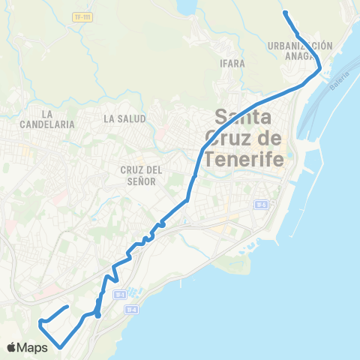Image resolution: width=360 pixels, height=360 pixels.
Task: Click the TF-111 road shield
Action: tap(83, 16)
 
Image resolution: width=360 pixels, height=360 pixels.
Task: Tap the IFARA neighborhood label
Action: tap(233, 64)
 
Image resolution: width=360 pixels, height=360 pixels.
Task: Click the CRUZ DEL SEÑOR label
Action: tap(137, 175)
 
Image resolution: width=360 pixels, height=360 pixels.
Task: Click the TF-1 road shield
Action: tap(118, 295)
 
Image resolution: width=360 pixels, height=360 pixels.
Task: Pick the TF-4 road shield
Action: tap(131, 309)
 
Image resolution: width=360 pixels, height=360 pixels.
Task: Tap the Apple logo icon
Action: tap(13, 347)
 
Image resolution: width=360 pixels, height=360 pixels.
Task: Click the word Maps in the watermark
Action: tap(34, 347)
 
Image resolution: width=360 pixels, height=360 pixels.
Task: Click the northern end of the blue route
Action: tap(285, 12)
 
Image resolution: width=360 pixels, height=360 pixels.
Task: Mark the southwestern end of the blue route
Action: tap(59, 347)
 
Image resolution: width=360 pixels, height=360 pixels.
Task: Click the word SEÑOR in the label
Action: tap(137, 181)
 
